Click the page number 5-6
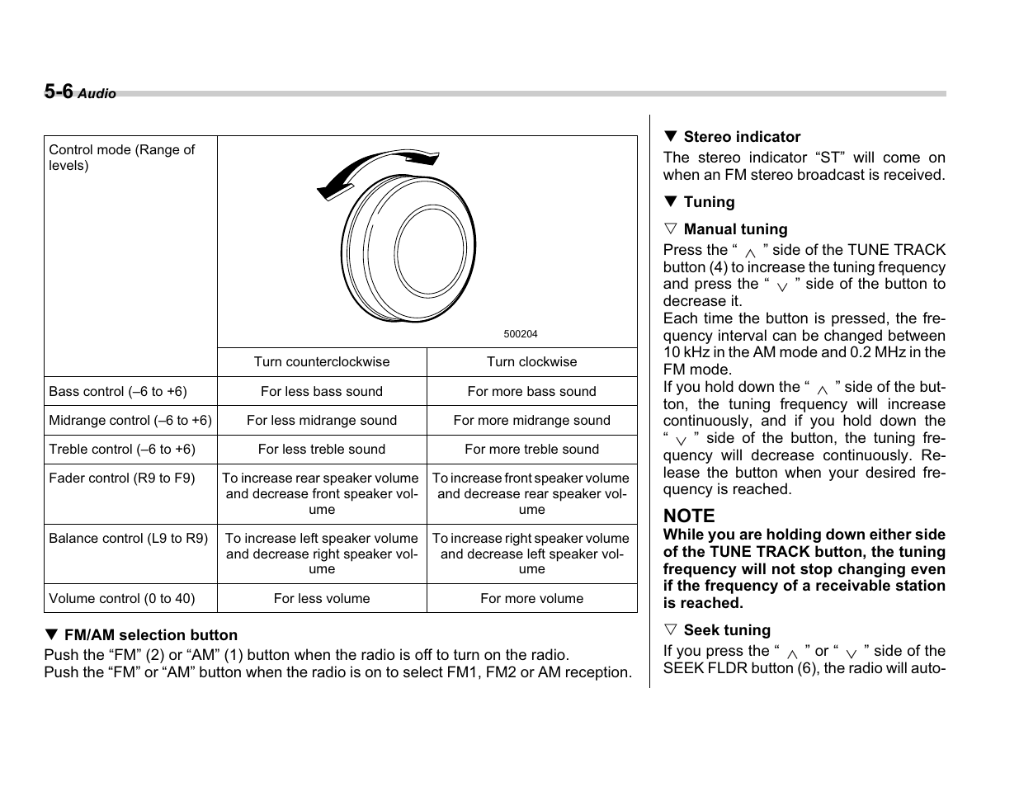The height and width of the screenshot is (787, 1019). (x=59, y=92)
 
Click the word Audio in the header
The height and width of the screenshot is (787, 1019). (x=97, y=94)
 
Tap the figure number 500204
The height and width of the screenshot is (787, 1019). (x=520, y=334)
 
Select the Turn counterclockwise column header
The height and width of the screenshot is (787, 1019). (x=322, y=362)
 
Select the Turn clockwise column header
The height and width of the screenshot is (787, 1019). (x=531, y=362)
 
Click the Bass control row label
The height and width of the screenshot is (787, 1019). (x=118, y=392)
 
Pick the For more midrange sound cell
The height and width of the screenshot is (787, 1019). (x=531, y=421)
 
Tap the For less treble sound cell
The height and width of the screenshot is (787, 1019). (x=322, y=450)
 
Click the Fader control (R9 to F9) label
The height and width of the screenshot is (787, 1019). (x=122, y=478)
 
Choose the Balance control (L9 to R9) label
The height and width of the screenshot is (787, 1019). (x=129, y=539)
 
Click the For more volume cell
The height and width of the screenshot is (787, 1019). (x=531, y=599)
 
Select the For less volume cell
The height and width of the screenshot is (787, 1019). (x=322, y=599)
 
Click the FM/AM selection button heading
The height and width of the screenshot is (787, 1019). (x=150, y=635)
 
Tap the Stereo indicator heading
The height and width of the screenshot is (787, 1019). (x=741, y=137)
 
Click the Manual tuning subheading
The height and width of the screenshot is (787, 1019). (x=735, y=229)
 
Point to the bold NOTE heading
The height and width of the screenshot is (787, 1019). (x=689, y=516)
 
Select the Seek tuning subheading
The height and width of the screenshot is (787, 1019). (x=726, y=630)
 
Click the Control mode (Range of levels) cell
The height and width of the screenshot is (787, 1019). (x=121, y=158)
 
